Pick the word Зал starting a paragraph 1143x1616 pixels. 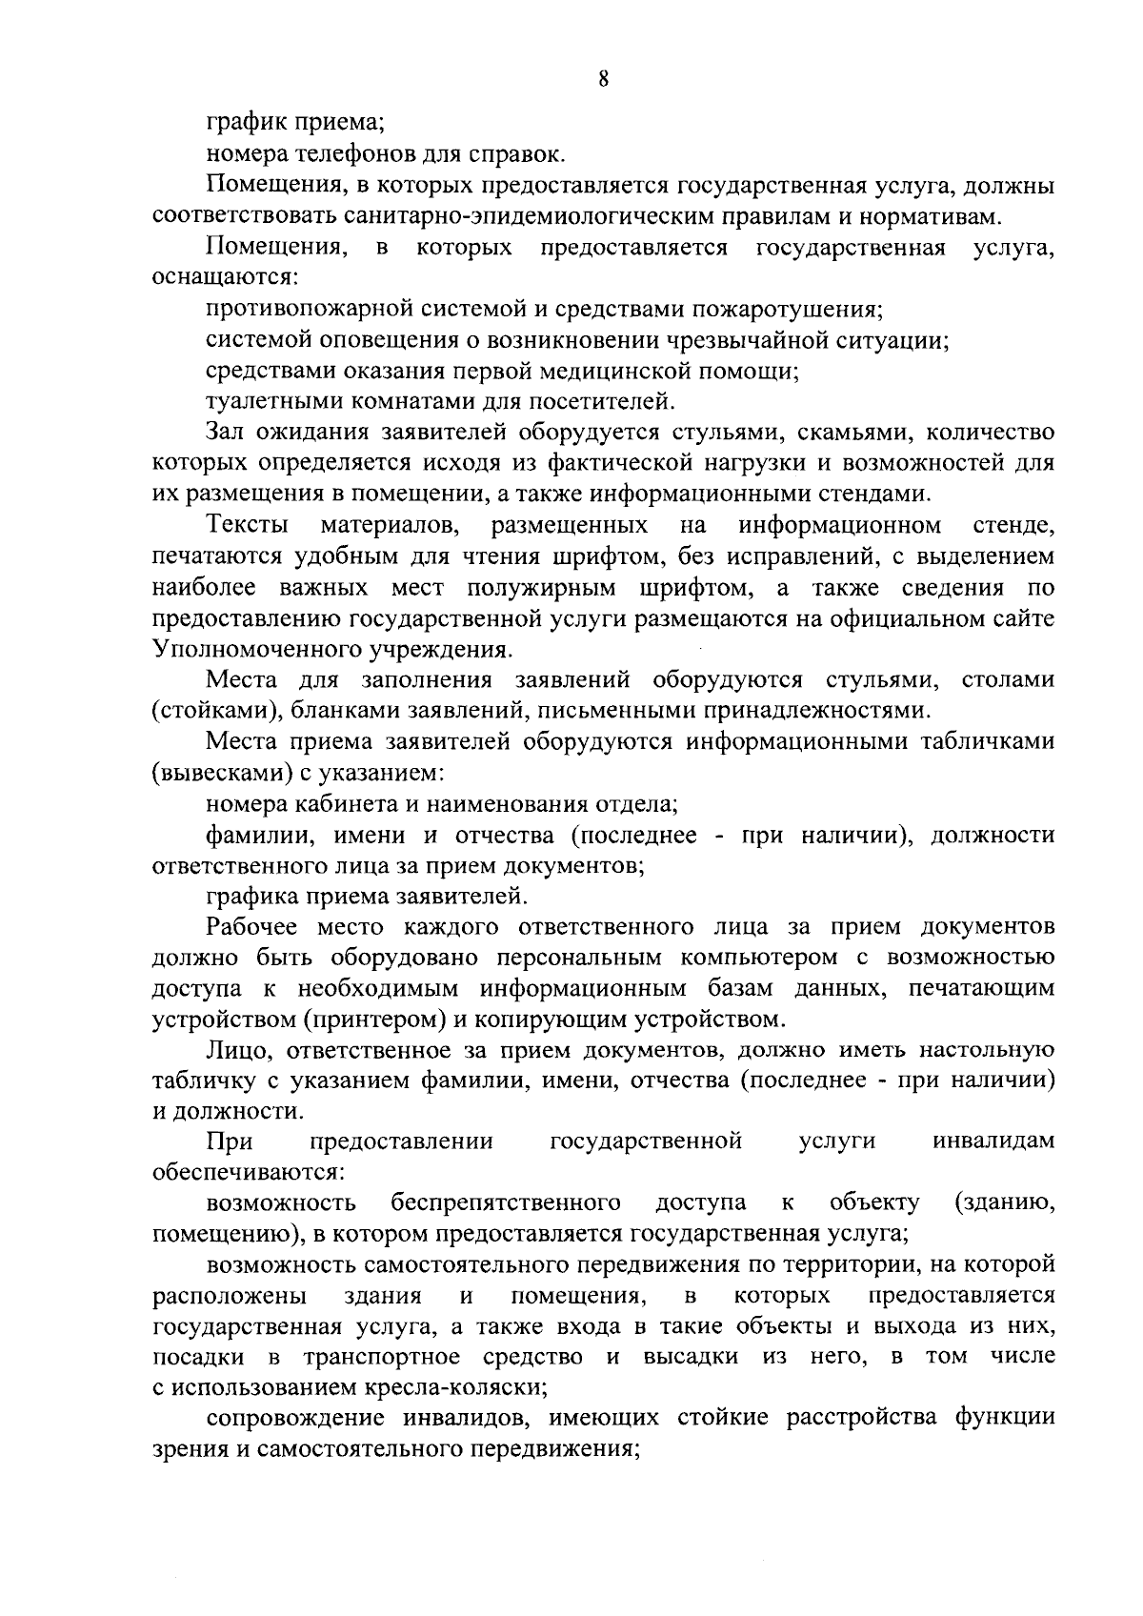click(x=227, y=433)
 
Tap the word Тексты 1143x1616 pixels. click(x=249, y=526)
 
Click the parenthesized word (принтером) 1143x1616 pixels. click(x=376, y=1020)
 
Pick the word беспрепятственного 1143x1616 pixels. click(x=506, y=1203)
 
